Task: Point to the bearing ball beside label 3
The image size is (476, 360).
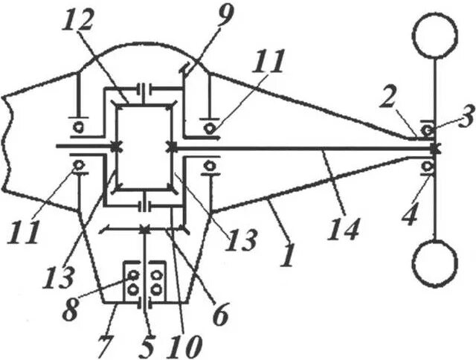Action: (428, 131)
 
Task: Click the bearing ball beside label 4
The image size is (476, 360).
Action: (428, 166)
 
